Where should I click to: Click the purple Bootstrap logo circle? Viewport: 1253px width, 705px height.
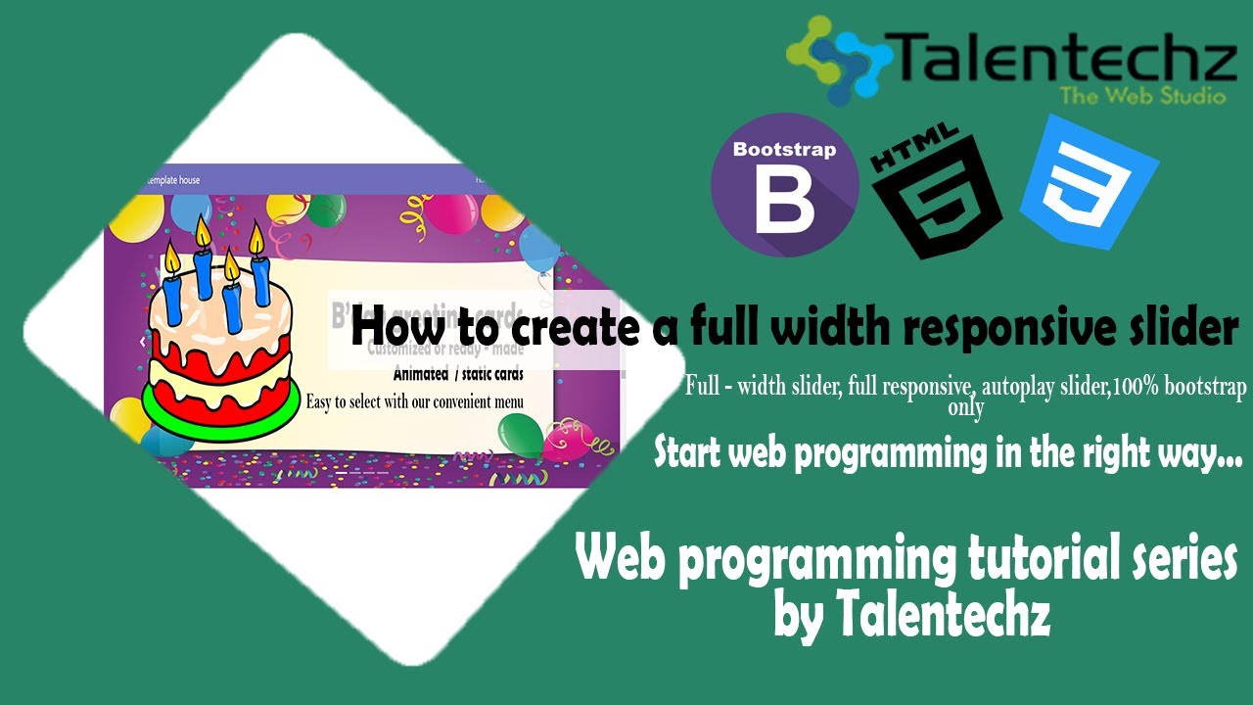coord(784,184)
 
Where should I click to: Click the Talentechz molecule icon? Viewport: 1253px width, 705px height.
coord(838,58)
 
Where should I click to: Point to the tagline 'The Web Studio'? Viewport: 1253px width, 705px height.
coord(1142,96)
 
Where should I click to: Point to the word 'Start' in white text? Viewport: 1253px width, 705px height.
coord(688,452)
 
